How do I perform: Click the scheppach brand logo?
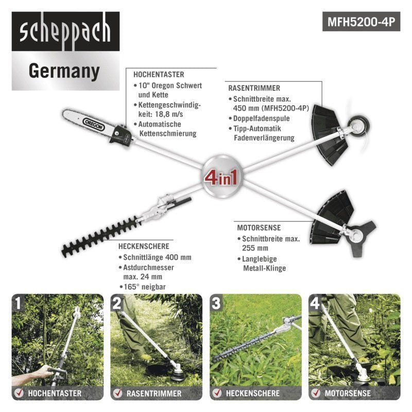pyautogui.click(x=65, y=32)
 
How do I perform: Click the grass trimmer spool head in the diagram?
pyautogui.click(x=355, y=125)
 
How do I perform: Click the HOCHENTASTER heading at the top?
pyautogui.click(x=159, y=74)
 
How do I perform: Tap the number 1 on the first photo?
pyautogui.click(x=19, y=303)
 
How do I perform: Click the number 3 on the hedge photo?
pyautogui.click(x=217, y=303)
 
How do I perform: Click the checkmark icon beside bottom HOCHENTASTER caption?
pyautogui.click(x=19, y=393)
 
